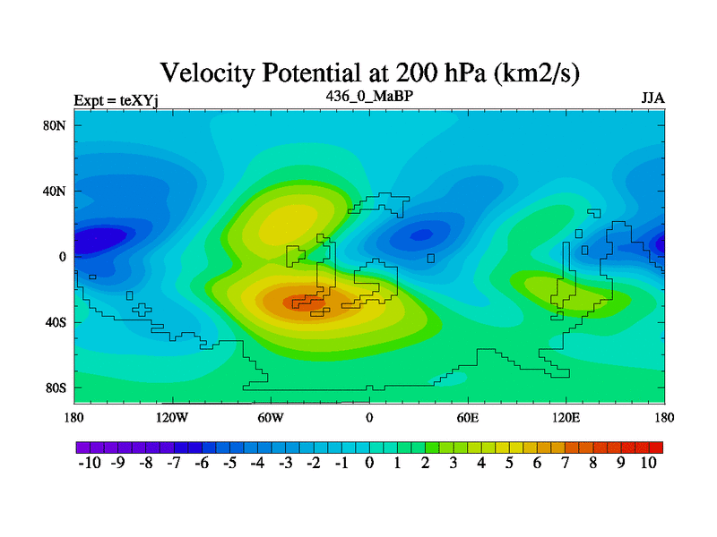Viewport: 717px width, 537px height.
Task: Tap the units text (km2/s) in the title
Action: (x=536, y=73)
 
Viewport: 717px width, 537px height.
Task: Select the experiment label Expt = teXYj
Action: (x=117, y=100)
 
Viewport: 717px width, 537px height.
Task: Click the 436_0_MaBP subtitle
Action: (x=369, y=96)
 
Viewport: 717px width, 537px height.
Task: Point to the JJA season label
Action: (x=653, y=98)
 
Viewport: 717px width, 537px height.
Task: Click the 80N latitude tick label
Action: (x=55, y=125)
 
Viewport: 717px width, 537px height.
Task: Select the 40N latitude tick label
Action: (x=55, y=191)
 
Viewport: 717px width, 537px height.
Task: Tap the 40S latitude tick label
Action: (x=56, y=322)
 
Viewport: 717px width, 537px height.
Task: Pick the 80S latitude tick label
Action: (x=56, y=388)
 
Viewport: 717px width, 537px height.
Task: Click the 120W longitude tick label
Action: (x=172, y=417)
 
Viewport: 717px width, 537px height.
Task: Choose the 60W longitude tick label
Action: (x=271, y=417)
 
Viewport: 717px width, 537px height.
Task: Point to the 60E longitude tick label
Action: (x=468, y=417)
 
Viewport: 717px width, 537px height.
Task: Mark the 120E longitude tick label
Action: (x=566, y=417)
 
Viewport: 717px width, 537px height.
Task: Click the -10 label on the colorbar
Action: (x=90, y=463)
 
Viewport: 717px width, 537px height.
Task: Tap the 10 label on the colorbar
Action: (x=648, y=463)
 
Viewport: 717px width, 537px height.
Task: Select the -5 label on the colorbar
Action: (x=229, y=463)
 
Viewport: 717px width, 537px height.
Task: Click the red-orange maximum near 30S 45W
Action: (x=303, y=303)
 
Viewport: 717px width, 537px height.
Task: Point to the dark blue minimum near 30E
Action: (x=421, y=235)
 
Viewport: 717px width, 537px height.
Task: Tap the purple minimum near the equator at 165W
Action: (x=99, y=240)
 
